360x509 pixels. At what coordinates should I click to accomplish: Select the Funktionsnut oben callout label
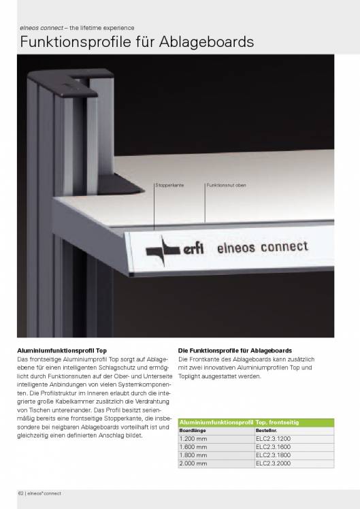click(x=226, y=185)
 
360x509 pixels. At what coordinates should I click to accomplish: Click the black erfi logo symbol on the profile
click(x=163, y=246)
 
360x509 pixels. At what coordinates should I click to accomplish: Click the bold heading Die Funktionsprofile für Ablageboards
click(x=235, y=350)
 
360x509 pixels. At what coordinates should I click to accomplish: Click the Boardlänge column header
click(x=192, y=431)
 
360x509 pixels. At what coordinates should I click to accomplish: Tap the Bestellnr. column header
click(x=267, y=431)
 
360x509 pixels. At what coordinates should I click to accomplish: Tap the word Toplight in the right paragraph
click(x=190, y=376)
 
